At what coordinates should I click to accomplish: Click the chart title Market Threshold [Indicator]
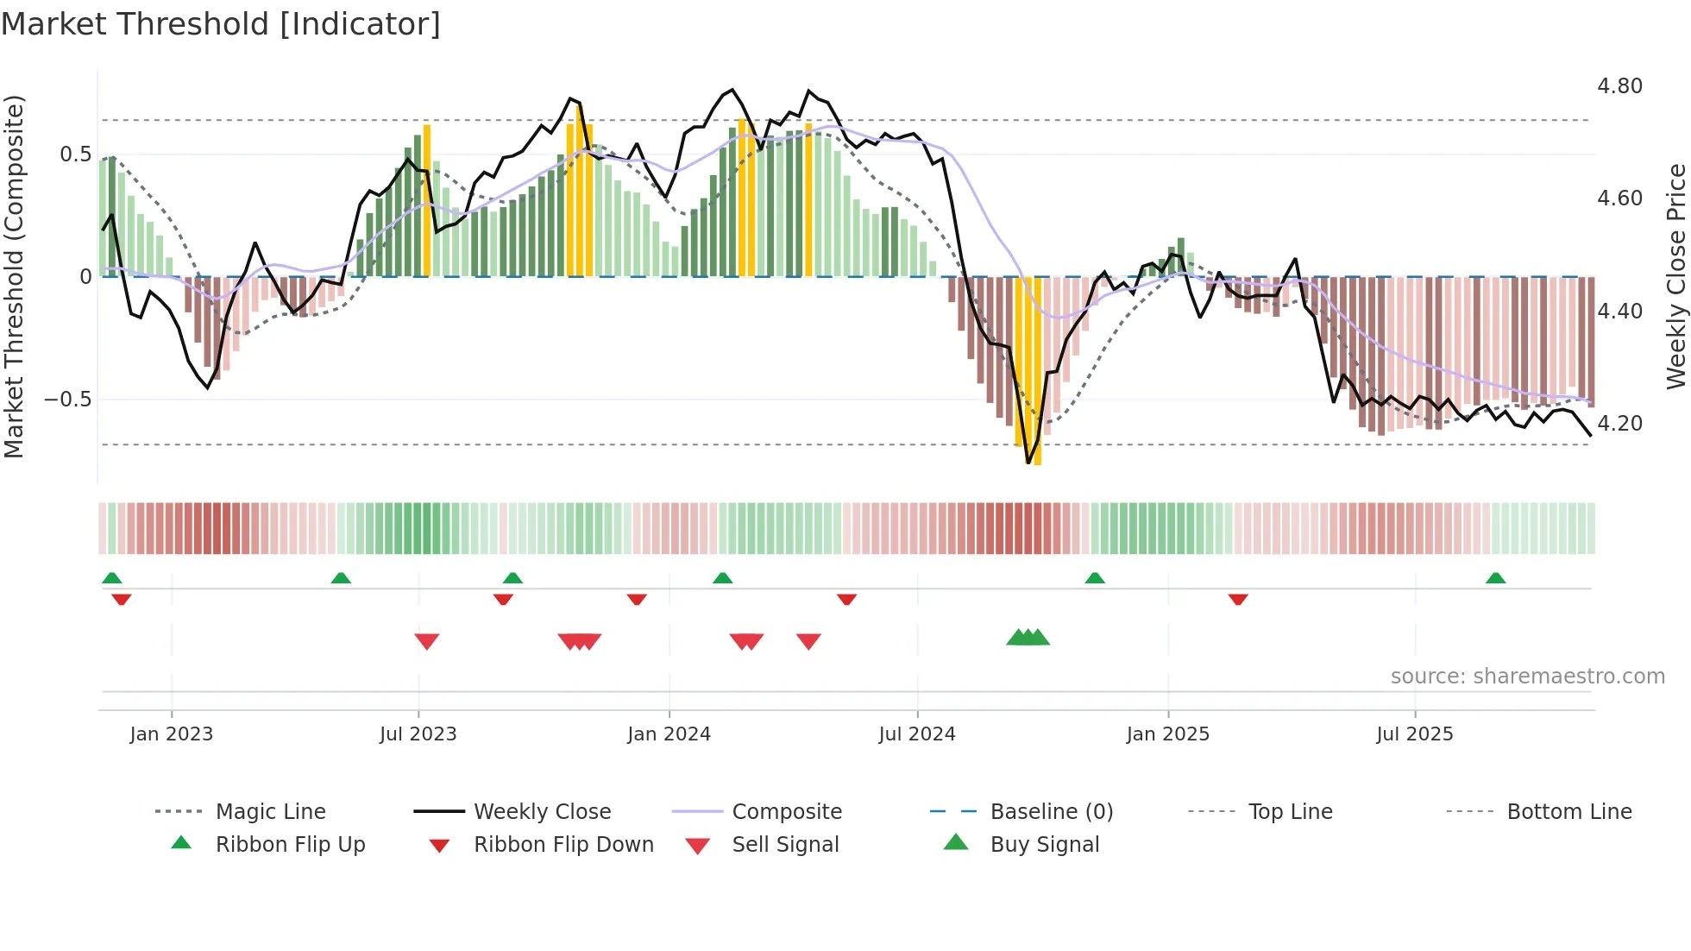(x=221, y=24)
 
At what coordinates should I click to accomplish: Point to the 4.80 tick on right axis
(x=1619, y=86)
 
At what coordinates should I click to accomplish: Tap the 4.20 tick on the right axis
(x=1619, y=424)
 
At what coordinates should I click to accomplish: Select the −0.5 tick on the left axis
(x=67, y=400)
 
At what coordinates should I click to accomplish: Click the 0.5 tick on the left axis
(x=75, y=154)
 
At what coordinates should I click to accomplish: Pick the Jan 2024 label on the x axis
(x=669, y=734)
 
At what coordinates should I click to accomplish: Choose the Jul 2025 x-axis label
(x=1414, y=734)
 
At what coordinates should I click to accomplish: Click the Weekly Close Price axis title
(x=1675, y=276)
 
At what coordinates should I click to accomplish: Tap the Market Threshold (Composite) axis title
(x=14, y=276)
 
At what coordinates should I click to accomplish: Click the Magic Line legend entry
(x=270, y=812)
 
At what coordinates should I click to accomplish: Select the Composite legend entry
(x=786, y=812)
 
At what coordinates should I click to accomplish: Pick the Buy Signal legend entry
(x=1044, y=845)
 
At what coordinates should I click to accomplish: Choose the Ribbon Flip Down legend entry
(x=563, y=845)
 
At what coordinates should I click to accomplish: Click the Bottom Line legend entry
(x=1568, y=812)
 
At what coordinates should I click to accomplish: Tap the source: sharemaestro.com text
(x=1527, y=677)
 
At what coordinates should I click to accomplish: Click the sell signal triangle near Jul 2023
(x=427, y=640)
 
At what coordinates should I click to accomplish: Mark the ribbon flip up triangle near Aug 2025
(x=1495, y=578)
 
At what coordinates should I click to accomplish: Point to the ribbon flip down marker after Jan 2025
(x=1238, y=599)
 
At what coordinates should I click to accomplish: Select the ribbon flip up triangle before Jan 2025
(x=1095, y=578)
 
